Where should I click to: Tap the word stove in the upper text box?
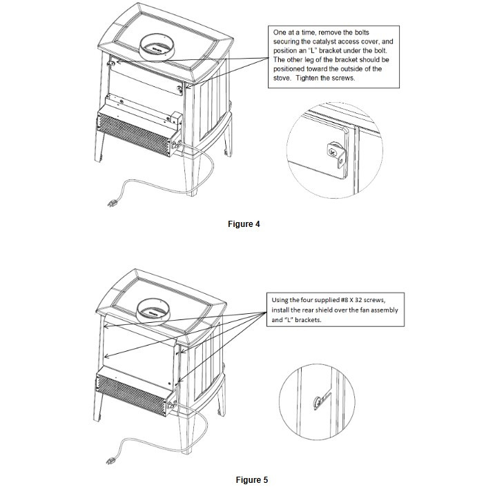(x=284, y=78)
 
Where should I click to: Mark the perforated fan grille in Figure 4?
(x=133, y=134)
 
